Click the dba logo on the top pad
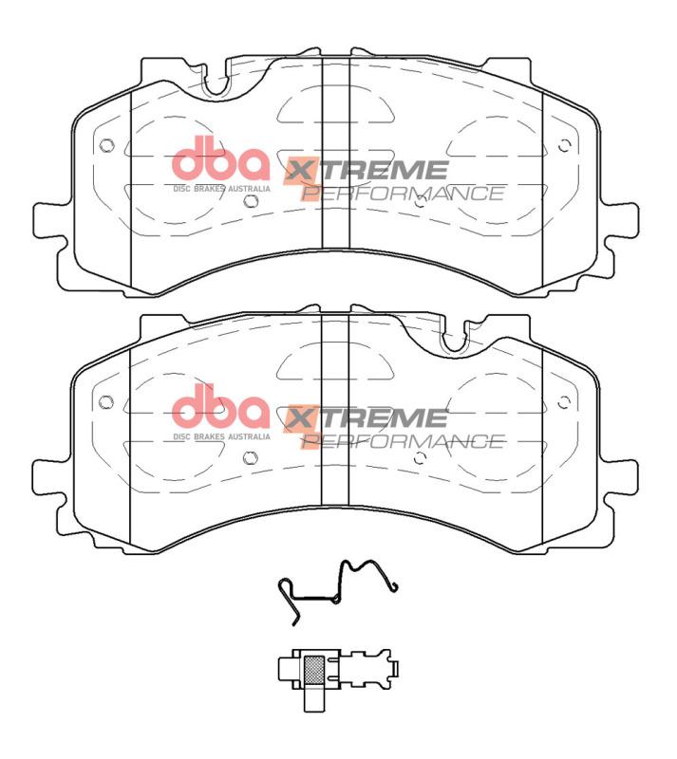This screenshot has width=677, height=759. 221,160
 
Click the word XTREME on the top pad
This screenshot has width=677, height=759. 367,171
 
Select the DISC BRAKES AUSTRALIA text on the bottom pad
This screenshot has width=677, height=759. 221,437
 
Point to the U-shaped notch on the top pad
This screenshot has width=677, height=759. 217,80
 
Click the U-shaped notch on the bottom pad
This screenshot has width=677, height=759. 453,337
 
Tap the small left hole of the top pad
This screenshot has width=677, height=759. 105,146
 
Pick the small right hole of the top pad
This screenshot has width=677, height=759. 565,146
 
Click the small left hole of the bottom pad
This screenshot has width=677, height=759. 105,401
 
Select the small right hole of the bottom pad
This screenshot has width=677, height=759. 565,401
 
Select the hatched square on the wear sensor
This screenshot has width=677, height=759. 313,671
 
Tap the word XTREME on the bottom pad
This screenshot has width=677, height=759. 367,418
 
